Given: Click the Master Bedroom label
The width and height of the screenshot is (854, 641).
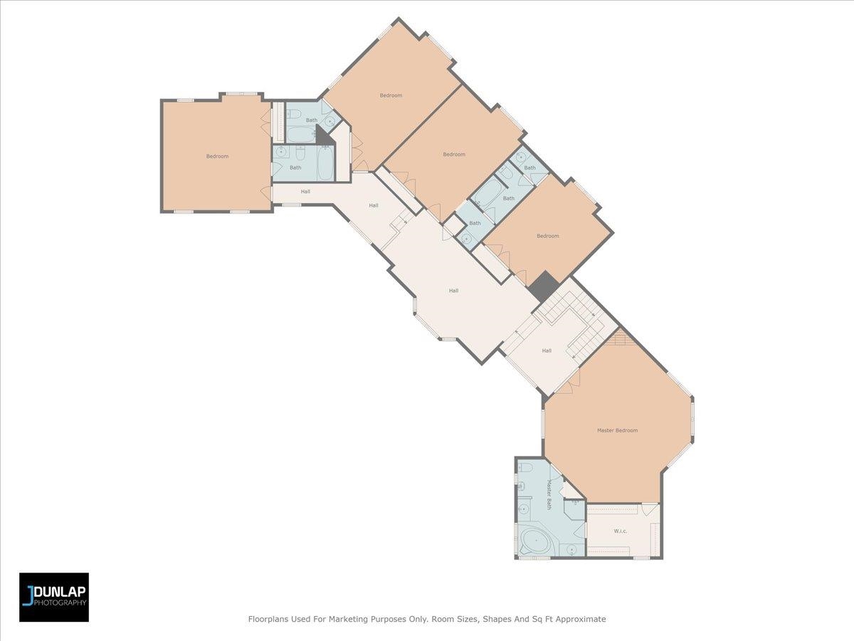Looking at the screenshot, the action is (x=617, y=430).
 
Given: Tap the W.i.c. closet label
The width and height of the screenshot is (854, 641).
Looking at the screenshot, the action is (x=620, y=531).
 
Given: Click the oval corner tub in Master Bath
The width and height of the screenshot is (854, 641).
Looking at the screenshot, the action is (x=536, y=541).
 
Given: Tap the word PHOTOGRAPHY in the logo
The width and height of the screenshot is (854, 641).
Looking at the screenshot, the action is (x=60, y=603).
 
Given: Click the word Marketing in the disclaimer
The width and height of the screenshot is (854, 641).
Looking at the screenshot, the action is (x=348, y=619).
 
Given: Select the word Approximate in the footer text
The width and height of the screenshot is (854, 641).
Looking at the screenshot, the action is (x=581, y=619).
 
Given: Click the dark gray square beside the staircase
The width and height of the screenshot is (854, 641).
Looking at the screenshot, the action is (x=544, y=286).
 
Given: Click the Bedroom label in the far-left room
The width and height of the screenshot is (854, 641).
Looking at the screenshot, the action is (x=217, y=156).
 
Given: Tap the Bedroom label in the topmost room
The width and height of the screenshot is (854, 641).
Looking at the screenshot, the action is (x=391, y=95).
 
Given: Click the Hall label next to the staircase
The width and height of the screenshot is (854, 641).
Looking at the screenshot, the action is (x=547, y=350).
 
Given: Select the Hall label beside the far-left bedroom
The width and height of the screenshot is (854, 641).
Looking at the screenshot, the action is (x=305, y=191).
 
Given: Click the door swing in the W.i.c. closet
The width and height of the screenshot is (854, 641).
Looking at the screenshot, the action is (x=649, y=510).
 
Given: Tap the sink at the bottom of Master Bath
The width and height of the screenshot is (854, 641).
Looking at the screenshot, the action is (x=571, y=550).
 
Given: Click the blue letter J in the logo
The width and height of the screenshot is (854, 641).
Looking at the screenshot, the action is (x=27, y=595).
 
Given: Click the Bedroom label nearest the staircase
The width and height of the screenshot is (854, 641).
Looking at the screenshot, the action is (x=547, y=236).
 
